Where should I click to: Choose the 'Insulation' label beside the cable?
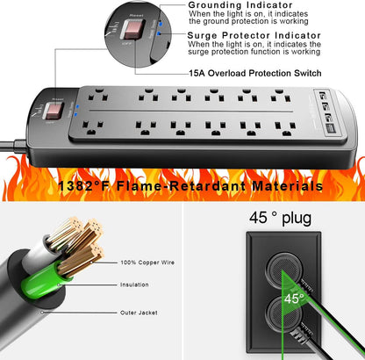(x=134, y=284)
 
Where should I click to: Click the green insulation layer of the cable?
(x=53, y=281)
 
